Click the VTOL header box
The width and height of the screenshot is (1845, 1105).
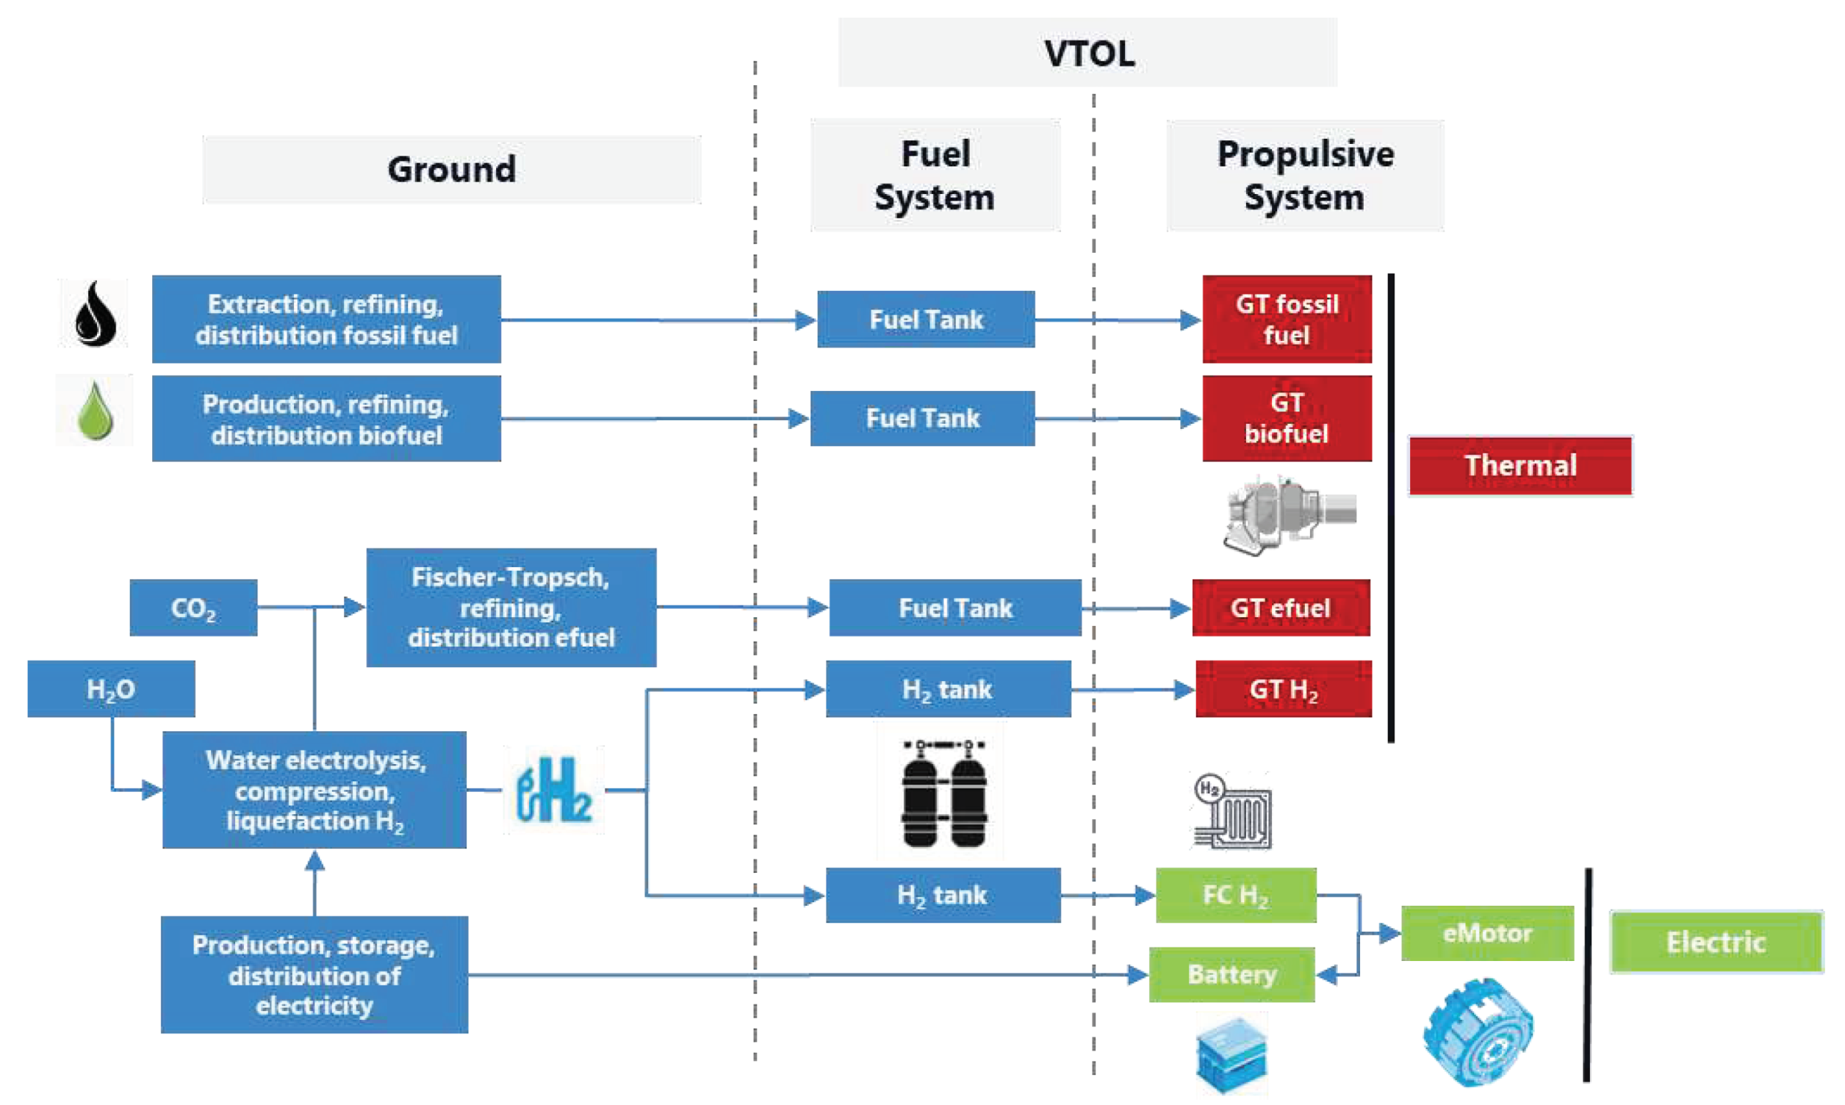1087,54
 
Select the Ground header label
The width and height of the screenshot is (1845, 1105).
451,170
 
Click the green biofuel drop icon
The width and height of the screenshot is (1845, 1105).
96,411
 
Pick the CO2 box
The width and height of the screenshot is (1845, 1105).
193,608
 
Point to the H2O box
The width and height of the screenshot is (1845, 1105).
111,688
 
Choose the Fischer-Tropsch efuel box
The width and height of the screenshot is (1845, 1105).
511,608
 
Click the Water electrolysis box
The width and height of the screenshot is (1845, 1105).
314,790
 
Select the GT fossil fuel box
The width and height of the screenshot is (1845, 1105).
1287,320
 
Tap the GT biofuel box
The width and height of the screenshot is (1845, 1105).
1287,419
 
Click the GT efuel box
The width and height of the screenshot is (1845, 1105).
1281,608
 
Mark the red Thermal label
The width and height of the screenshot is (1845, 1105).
1520,465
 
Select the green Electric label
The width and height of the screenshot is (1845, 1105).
1716,942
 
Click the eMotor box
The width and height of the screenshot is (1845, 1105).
1487,933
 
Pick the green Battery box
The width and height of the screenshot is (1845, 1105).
1231,975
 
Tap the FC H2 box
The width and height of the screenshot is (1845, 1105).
1235,895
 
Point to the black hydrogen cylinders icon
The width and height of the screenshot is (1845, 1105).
943,793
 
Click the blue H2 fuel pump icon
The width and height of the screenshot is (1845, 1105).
553,791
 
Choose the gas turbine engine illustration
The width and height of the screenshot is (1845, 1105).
1289,514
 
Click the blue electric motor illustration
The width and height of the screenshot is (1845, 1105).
1477,1032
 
